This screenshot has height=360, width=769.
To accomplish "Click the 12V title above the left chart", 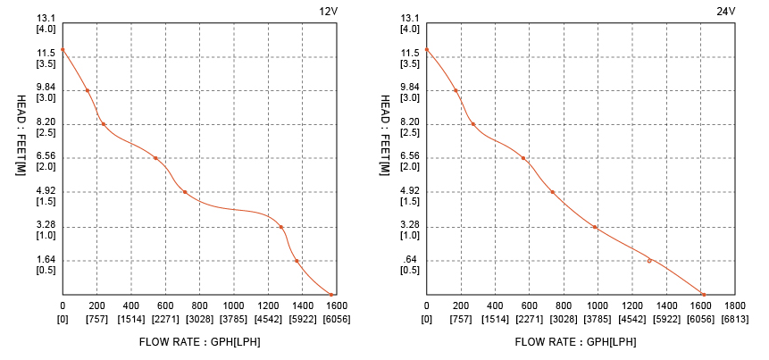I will click(328, 11).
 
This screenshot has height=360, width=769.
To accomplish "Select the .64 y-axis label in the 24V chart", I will click(409, 260).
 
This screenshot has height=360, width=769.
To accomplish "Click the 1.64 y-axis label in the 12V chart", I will click(46, 260).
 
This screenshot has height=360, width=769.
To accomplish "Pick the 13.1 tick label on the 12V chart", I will click(46, 19).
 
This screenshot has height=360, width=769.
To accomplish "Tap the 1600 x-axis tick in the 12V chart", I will click(336, 306).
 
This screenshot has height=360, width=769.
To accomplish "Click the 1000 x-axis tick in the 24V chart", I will click(598, 306).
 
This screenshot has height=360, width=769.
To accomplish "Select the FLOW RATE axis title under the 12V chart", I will click(200, 341).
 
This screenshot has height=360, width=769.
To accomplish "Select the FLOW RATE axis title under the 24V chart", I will click(576, 341).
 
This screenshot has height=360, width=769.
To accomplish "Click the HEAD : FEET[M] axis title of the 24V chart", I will click(384, 135).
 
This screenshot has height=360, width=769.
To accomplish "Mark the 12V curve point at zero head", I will click(330, 294).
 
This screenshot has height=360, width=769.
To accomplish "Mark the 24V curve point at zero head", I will click(703, 294).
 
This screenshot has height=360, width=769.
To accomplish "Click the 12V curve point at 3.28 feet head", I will click(281, 227).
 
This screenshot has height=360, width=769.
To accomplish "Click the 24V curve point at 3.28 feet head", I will click(595, 227).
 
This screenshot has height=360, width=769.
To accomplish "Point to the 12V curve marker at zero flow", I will click(63, 50).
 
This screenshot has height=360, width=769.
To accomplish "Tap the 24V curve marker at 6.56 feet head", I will click(523, 158).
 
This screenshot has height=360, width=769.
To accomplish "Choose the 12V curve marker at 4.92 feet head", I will click(185, 192).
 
